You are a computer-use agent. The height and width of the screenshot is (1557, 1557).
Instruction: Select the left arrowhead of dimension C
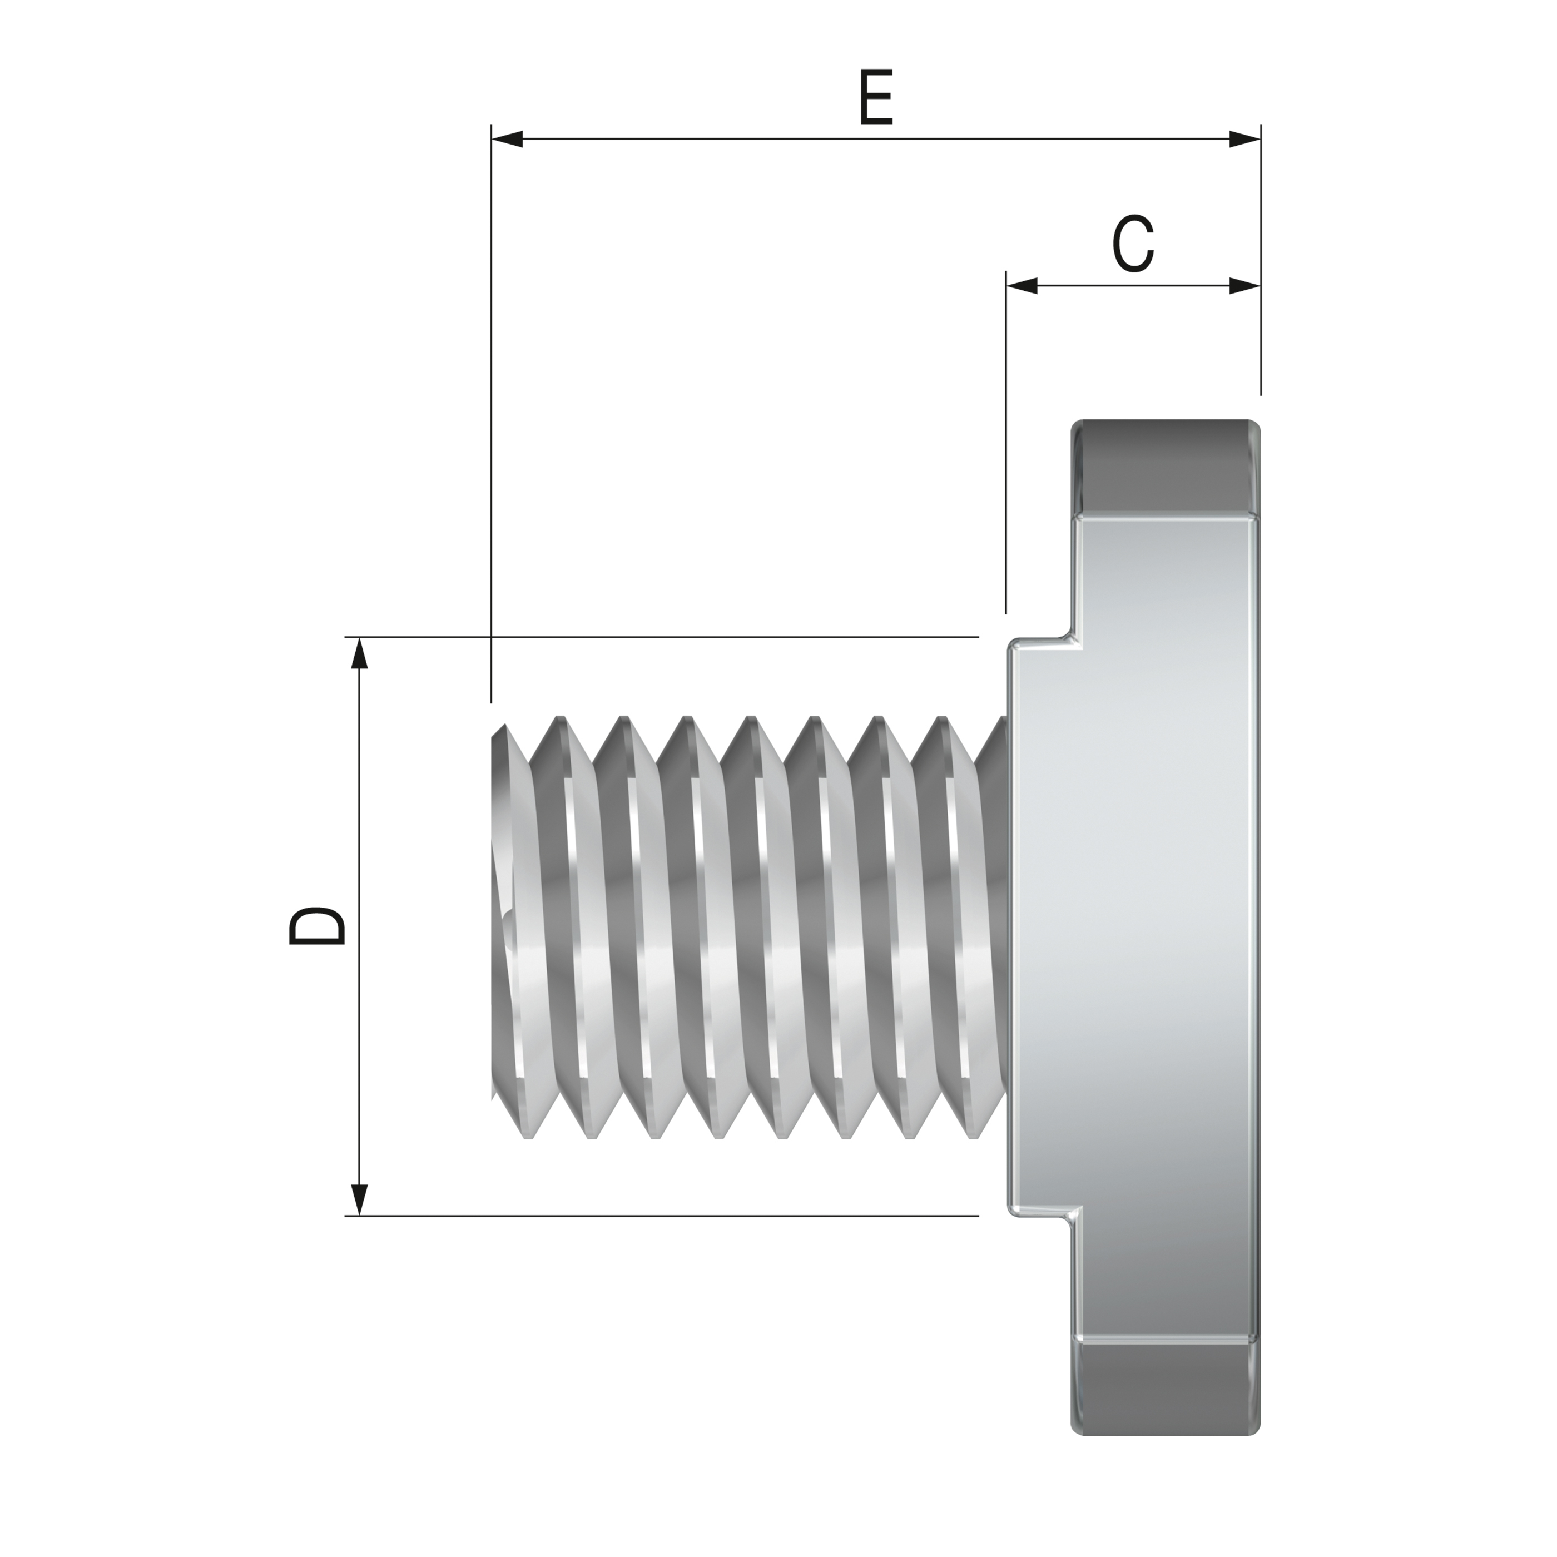coord(1022,285)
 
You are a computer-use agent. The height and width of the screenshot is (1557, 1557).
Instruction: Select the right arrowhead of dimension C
coord(1244,285)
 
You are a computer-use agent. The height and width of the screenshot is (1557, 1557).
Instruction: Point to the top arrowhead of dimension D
coord(359,653)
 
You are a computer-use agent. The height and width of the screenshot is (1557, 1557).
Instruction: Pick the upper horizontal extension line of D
coord(661,637)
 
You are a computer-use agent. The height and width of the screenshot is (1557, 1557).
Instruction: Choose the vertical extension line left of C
coord(1006,452)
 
